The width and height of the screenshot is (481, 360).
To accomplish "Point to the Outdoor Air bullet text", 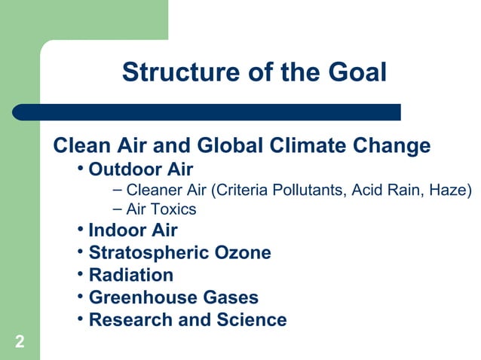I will (141, 169).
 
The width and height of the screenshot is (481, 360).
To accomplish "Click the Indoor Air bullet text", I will (133, 230).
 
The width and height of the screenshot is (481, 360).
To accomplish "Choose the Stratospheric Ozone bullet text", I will (179, 253).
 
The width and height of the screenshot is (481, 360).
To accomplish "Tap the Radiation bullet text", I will (131, 275).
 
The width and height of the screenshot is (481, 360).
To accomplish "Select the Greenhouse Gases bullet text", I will (173, 297).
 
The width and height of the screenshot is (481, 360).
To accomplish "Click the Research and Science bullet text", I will (188, 320).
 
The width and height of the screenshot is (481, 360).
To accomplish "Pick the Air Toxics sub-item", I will (161, 209).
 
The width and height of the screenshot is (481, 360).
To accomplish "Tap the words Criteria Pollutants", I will (279, 188).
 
